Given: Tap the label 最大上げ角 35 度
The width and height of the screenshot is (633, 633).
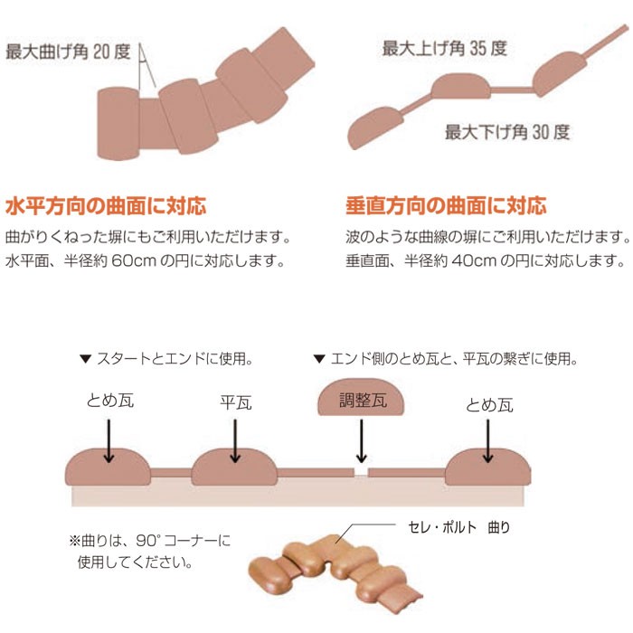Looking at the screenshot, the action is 442,48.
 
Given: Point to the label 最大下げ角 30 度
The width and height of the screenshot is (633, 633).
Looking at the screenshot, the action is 507,132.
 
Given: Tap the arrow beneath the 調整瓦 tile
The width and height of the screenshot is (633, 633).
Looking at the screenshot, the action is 361,445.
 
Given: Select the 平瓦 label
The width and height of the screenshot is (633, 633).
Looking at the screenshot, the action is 235,401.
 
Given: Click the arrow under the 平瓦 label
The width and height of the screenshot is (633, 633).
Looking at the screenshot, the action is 235,440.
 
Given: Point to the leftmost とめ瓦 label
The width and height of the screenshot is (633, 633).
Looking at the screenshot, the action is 109,401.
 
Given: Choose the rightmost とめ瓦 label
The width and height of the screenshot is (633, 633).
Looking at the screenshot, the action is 490,404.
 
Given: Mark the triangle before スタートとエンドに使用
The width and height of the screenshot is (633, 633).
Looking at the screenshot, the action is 85,360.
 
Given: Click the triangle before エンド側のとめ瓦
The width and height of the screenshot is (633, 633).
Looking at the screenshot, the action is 318,360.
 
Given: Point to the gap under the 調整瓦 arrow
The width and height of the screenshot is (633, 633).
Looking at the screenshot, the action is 361,473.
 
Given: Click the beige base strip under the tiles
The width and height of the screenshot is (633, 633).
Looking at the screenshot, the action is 298,497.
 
